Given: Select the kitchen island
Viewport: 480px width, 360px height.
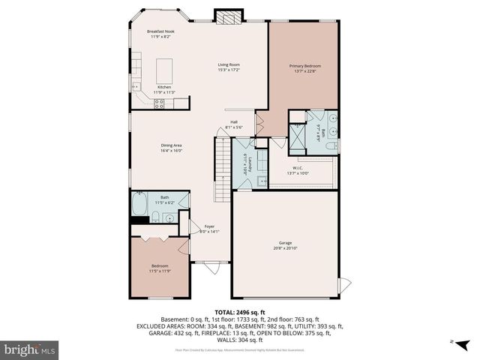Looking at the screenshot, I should point(164,70).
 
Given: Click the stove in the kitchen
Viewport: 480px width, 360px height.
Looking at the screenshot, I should point(160,104).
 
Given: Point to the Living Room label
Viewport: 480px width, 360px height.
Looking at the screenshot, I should point(228,66).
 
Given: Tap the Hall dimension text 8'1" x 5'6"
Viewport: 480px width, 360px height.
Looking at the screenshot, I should point(234,127).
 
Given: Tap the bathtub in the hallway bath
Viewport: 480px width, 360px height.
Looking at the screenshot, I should point(140,206).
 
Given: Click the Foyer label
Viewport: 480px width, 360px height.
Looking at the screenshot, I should point(209,226).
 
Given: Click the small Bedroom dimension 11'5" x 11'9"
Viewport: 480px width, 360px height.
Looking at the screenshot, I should point(160,271).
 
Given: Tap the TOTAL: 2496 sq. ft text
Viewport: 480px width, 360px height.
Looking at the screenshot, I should point(240,311).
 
